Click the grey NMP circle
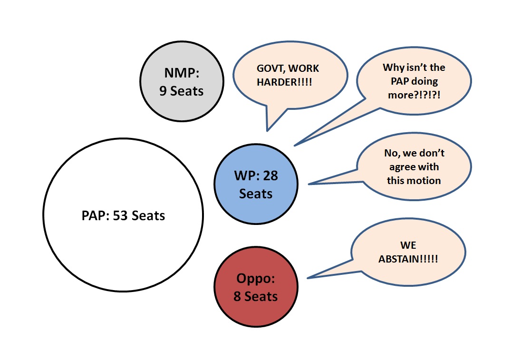182,81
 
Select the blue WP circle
256,184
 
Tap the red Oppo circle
256,287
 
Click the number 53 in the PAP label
120,215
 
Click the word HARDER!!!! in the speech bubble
284,82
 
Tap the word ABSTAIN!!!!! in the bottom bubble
408,259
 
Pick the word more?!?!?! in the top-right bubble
414,95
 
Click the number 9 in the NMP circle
163,91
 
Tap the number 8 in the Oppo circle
237,296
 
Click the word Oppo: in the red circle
256,279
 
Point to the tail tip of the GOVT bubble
267,131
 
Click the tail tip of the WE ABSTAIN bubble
307,278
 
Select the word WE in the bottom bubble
408,245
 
